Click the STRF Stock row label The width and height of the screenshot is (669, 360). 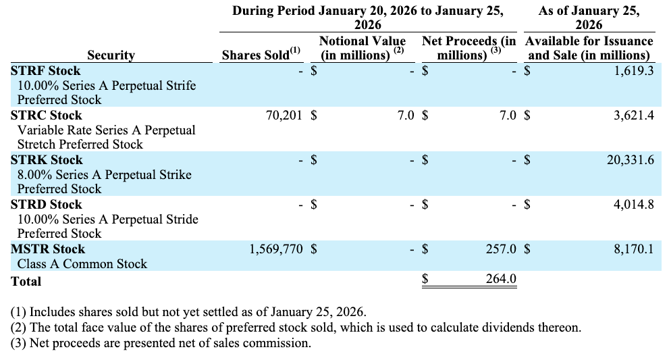click(45, 71)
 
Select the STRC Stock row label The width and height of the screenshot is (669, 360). click(46, 115)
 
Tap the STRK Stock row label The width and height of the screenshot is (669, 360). click(46, 160)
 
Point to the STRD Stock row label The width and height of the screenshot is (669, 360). click(46, 205)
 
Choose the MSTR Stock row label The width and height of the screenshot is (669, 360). click(48, 249)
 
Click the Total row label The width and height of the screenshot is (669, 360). click(26, 281)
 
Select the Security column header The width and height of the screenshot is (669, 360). click(111, 55)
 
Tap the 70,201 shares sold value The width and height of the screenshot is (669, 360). click(284, 115)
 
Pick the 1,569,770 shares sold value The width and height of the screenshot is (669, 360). click(276, 249)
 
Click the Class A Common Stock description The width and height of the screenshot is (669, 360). click(82, 264)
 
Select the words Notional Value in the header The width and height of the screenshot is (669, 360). click(363, 41)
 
